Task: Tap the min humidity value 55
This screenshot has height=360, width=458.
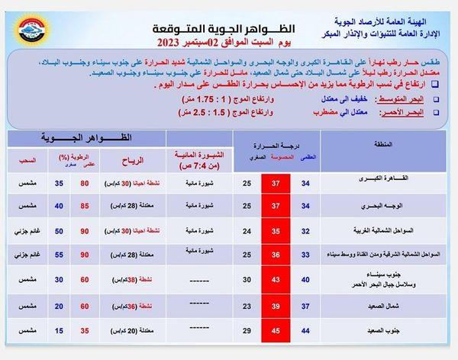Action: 58,256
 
